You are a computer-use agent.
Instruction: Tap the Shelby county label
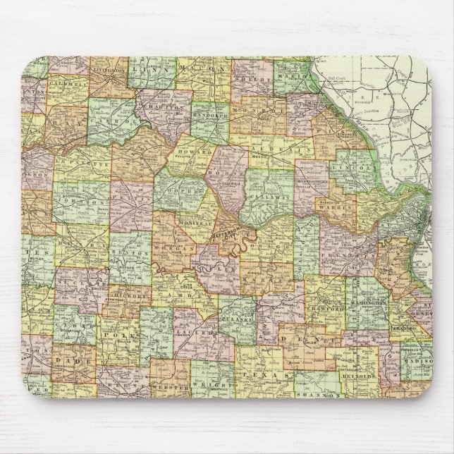tap(259, 80)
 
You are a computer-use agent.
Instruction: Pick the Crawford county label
tap(324, 308)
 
